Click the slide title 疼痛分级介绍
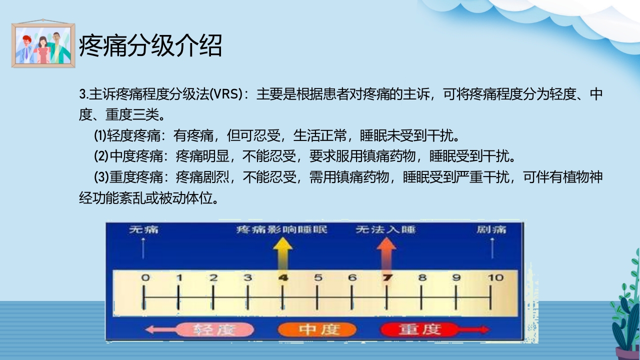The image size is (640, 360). [150, 46]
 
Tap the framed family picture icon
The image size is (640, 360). [43, 45]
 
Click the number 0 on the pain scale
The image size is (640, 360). [145, 277]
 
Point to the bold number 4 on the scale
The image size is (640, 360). [283, 277]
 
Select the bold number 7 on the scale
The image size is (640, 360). [386, 277]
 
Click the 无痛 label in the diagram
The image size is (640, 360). [143, 229]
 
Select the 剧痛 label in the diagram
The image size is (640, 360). [491, 229]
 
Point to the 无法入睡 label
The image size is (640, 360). [385, 229]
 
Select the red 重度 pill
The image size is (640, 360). [419, 329]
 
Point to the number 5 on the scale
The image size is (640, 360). [318, 277]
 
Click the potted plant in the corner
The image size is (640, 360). [626, 315]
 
